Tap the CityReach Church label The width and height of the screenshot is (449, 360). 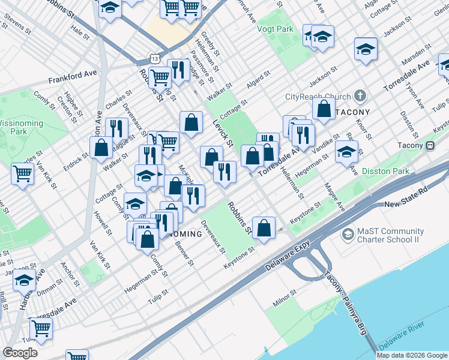pyautogui.click(x=317, y=97)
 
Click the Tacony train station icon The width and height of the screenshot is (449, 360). pyautogui.click(x=430, y=145)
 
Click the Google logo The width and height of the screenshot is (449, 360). pyautogui.click(x=20, y=353)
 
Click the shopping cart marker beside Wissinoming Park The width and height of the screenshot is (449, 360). pyautogui.click(x=23, y=174)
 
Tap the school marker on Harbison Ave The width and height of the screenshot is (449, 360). pyautogui.click(x=25, y=280)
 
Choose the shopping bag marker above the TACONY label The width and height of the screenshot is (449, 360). pyautogui.click(x=324, y=109)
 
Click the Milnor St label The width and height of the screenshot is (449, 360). pyautogui.click(x=285, y=299)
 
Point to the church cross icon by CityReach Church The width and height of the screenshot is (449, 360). pyautogui.click(x=360, y=96)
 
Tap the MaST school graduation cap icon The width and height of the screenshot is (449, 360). pyautogui.click(x=348, y=233)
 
